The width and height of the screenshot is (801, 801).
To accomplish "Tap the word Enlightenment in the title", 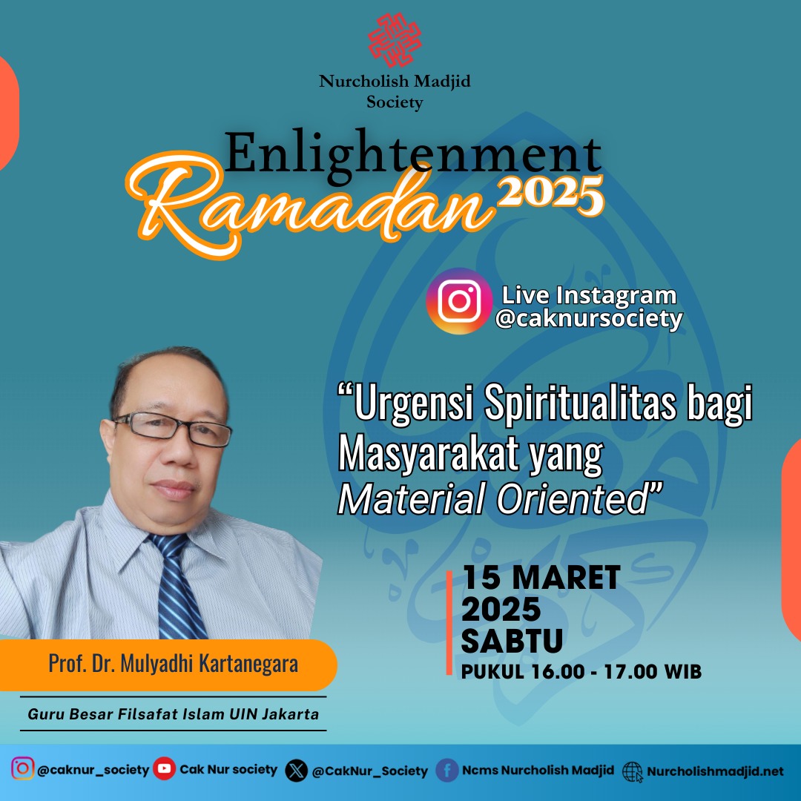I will pos(413,154).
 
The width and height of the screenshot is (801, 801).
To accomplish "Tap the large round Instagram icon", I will pos(459,301).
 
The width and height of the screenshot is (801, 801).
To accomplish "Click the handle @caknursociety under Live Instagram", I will pos(588,319).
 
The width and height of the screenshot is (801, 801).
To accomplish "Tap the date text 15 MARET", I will pos(541,578).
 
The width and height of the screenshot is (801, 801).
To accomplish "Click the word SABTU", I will pos(512,642).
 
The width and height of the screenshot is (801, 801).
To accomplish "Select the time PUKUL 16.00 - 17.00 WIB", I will pos(581,672).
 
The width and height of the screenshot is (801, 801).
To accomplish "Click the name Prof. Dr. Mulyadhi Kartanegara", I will pos(174,663).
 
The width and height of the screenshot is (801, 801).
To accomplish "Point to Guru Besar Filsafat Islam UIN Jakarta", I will pos(174,715).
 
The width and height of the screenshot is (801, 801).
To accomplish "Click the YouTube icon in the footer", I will pos(164,770).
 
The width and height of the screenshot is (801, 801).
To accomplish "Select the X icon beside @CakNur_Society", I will pos(296,771).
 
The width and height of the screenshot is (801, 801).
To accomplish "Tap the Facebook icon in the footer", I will pos(446,771).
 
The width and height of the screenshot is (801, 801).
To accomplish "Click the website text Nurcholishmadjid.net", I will pos(714,771).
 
